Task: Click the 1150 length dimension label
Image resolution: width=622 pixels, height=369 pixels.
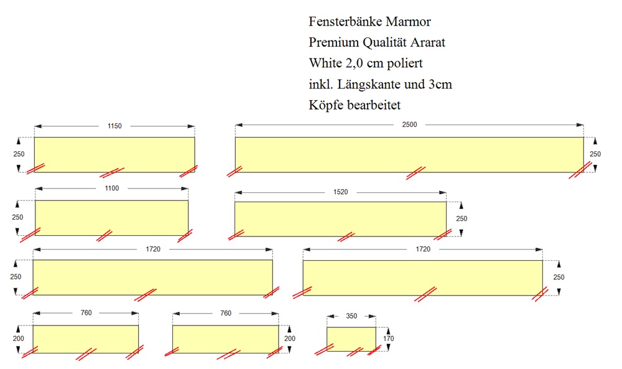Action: click(x=114, y=126)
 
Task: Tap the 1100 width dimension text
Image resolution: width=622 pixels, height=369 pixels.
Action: click(x=112, y=188)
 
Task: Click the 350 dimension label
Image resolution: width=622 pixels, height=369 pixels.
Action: click(x=351, y=316)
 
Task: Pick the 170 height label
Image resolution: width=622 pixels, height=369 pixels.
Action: click(x=389, y=339)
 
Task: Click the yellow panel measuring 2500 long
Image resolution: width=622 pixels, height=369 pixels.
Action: click(x=409, y=154)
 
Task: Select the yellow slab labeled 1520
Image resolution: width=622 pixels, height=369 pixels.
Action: click(x=340, y=219)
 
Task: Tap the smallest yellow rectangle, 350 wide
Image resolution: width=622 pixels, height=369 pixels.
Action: click(x=351, y=339)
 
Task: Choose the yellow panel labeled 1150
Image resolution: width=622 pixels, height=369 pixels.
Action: click(x=114, y=154)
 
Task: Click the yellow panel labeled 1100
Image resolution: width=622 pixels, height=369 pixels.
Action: click(x=111, y=217)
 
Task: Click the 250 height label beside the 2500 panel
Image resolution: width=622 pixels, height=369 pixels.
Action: click(x=595, y=154)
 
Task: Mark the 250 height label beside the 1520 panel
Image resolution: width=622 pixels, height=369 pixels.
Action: click(x=462, y=219)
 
